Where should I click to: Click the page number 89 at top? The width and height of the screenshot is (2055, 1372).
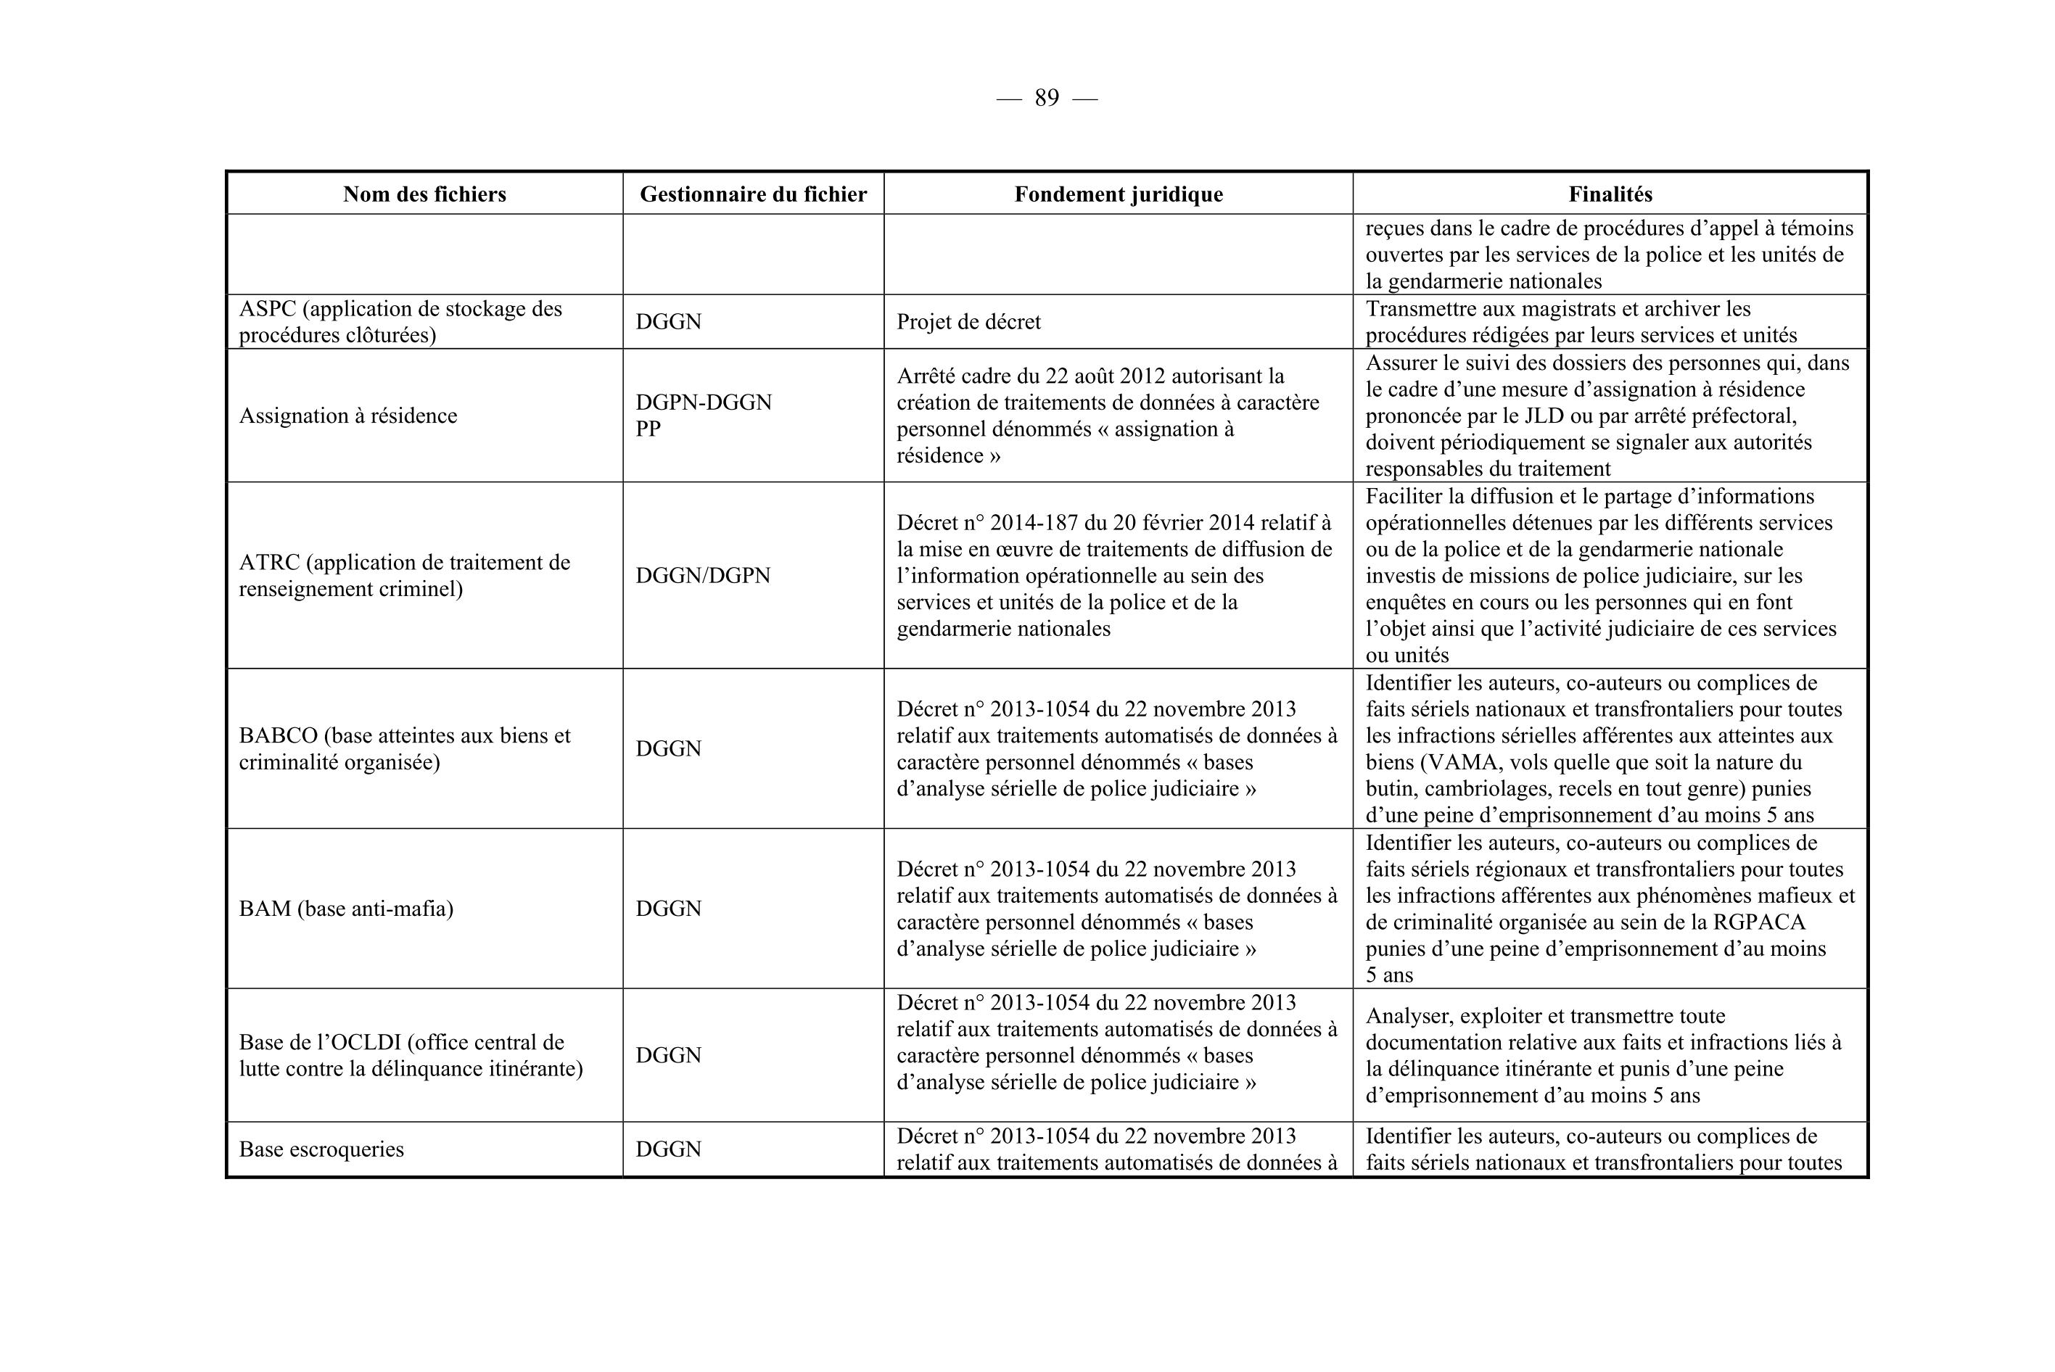[1046, 98]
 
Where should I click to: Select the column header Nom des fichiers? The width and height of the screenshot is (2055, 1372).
[424, 194]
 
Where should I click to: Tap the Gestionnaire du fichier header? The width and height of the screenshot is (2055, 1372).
[753, 194]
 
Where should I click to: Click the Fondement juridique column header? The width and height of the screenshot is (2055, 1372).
[1118, 194]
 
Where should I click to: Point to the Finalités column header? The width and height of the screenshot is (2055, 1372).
[1610, 194]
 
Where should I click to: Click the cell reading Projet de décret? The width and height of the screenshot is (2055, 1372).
[968, 322]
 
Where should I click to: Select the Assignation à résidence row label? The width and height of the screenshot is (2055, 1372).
[347, 416]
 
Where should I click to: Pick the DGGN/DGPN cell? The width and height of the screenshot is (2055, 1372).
[703, 576]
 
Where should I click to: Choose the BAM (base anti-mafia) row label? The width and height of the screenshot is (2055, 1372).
[346, 909]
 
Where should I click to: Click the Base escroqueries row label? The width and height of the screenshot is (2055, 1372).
[321, 1150]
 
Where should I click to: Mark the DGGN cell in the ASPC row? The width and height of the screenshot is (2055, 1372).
[668, 322]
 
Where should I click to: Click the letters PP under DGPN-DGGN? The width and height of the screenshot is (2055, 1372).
[648, 429]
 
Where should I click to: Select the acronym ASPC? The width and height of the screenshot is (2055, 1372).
[268, 309]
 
